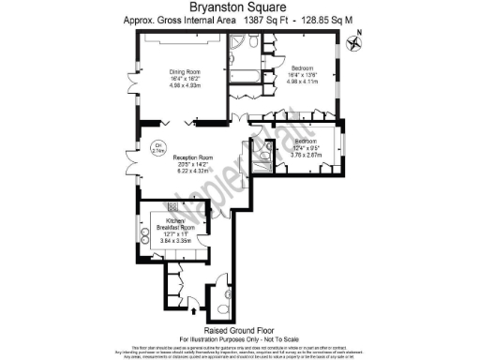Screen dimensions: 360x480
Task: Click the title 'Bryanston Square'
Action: pos(240,7)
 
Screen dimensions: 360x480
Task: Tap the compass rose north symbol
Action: pos(354,38)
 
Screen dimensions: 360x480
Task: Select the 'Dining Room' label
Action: pos(187,71)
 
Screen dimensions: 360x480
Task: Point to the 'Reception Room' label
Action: pos(193,157)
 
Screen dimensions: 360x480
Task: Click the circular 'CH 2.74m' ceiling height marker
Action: pos(157,145)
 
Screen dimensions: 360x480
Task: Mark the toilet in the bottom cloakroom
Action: pos(222,306)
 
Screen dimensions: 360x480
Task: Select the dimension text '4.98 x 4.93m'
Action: pos(187,85)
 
